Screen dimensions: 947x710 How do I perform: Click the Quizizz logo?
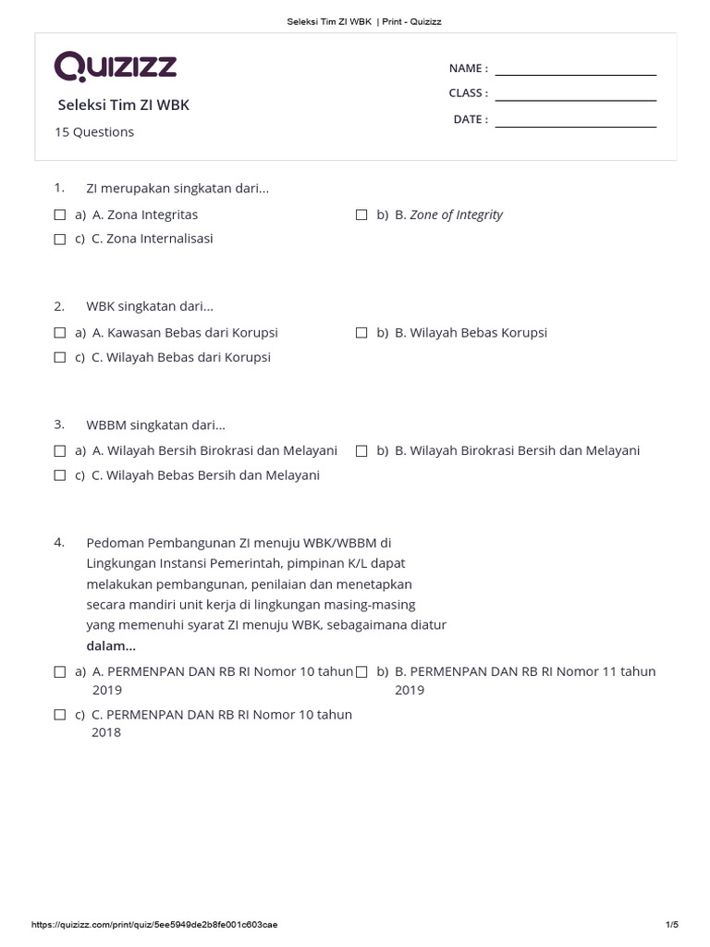point(116,67)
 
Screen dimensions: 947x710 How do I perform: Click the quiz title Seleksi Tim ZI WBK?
point(124,105)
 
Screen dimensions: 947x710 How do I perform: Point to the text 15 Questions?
point(94,132)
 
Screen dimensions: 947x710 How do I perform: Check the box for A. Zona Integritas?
point(60,215)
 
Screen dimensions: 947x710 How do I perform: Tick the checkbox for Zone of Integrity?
point(361,215)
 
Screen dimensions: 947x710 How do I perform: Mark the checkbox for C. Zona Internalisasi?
point(60,239)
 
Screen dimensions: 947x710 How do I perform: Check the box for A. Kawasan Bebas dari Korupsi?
point(60,333)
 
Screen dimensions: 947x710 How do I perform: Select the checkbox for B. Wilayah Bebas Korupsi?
point(361,333)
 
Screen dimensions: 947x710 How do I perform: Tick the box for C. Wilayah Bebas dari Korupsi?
point(60,357)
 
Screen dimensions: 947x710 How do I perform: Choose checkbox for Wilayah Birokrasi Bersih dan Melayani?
point(361,451)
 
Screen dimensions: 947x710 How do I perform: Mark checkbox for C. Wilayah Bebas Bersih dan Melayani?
point(60,475)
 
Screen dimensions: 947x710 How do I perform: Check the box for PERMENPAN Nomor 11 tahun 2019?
point(361,671)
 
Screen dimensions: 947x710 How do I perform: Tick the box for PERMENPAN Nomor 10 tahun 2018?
point(60,715)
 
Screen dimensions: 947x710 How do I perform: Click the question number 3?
point(59,424)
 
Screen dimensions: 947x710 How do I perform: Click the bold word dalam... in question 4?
point(111,646)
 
